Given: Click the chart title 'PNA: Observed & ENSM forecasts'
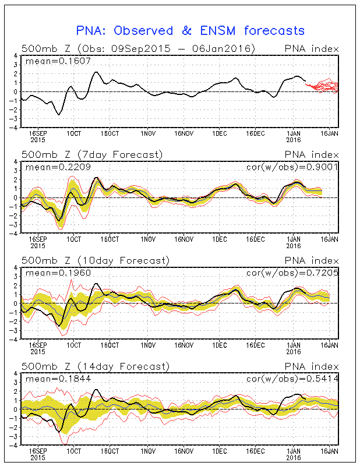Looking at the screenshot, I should click(190, 30).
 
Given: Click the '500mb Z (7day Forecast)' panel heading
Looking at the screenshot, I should click(93, 154).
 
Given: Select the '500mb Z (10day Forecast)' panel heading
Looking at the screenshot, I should click(95, 260).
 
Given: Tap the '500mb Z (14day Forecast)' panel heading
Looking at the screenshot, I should click(95, 366).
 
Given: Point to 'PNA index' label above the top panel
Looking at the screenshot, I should click(312, 48).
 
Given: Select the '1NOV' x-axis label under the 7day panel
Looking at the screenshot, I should click(148, 239).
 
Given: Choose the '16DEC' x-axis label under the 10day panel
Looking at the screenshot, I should click(256, 345).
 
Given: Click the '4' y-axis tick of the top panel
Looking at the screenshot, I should click(15, 55).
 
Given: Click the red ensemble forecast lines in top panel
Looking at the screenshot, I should click(324, 87).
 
